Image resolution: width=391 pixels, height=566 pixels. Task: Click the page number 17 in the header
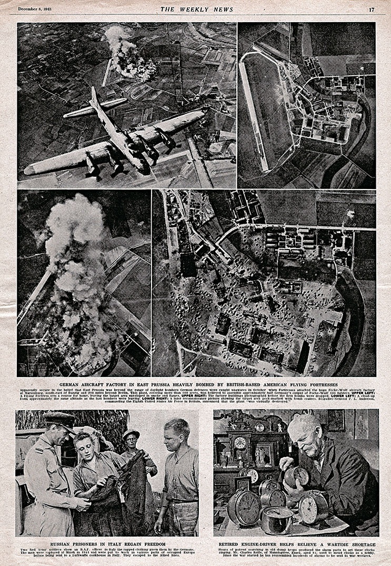(x=372, y=9)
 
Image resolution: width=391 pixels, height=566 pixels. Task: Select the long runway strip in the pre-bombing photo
(x=255, y=111)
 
